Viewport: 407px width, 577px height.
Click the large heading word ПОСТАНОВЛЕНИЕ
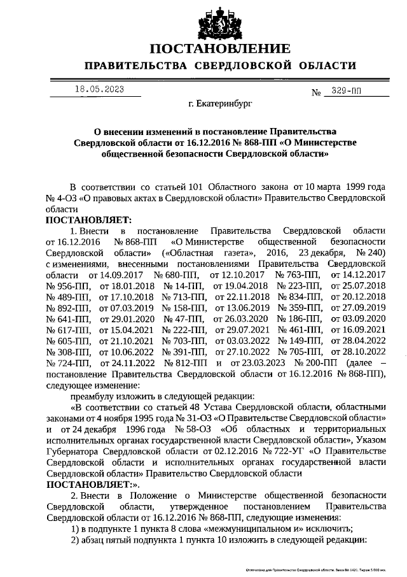pyautogui.click(x=220, y=48)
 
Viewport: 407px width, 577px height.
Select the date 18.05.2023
pyautogui.click(x=99, y=89)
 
